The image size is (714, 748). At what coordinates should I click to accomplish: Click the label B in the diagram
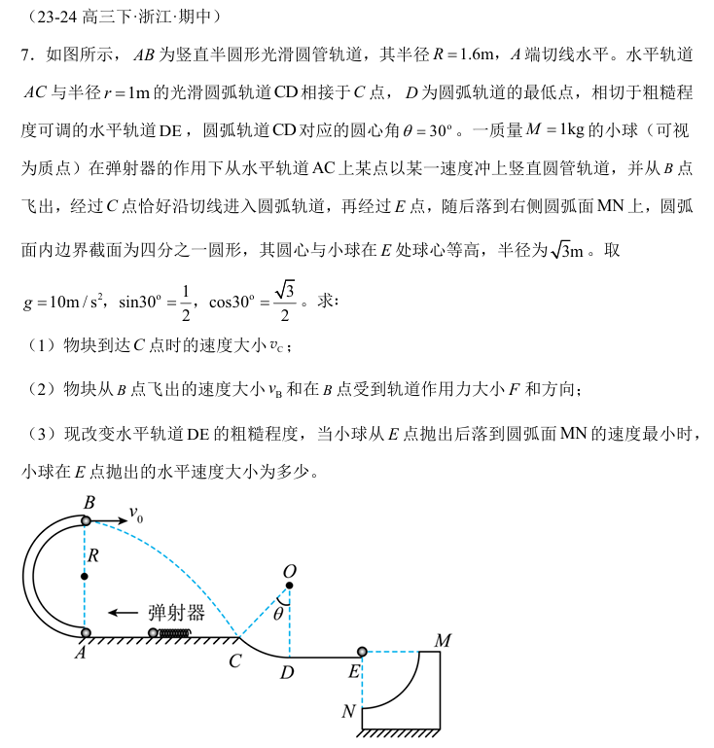[x=89, y=503]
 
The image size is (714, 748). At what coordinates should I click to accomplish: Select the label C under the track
[x=235, y=662]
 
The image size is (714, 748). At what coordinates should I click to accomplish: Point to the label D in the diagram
[x=286, y=673]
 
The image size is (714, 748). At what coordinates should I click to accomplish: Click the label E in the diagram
[x=354, y=672]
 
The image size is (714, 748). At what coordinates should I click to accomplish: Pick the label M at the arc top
[x=443, y=641]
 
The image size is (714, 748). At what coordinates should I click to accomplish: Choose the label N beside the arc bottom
[x=348, y=712]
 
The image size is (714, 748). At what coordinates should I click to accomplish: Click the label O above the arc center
[x=289, y=570]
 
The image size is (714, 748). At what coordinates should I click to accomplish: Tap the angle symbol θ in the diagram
[x=278, y=614]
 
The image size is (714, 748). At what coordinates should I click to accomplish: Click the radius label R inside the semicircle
[x=93, y=555]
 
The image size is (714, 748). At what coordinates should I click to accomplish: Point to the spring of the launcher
[x=174, y=634]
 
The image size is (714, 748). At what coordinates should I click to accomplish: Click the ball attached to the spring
[x=153, y=634]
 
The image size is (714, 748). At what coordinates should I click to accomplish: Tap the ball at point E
[x=362, y=652]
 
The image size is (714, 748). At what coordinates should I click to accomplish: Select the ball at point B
[x=86, y=521]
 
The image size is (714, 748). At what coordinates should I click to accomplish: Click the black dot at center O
[x=289, y=586]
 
